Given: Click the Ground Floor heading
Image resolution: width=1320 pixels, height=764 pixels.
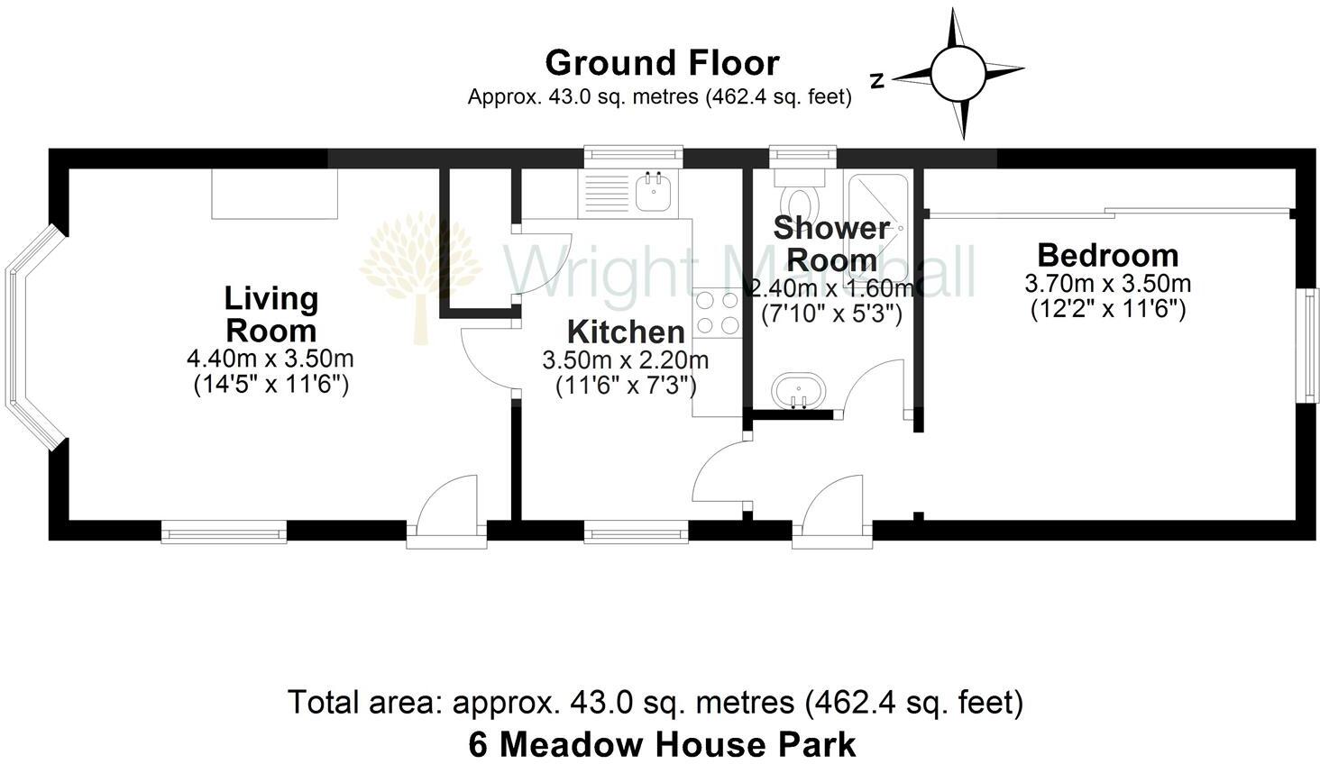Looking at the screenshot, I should click(x=661, y=63).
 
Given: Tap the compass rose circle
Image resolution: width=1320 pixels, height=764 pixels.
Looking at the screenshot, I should click(x=957, y=74).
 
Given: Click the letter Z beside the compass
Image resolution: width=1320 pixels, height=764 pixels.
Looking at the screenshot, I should click(x=876, y=81).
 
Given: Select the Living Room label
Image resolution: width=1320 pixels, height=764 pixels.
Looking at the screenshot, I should click(x=270, y=314).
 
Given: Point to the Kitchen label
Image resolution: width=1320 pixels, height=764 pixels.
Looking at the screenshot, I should click(x=625, y=332).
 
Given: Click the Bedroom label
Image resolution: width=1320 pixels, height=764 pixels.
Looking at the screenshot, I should click(x=1107, y=255).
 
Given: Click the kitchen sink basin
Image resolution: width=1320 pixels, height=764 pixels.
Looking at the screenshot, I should click(x=651, y=190).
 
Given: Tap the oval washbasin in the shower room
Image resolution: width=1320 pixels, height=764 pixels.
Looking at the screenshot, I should click(x=797, y=390).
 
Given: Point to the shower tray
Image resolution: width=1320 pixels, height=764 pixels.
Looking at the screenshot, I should click(x=875, y=216).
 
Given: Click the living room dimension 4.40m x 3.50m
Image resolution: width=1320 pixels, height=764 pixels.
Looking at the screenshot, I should click(x=270, y=359).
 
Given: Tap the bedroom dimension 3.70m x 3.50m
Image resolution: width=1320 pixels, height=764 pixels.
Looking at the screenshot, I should click(x=1107, y=284).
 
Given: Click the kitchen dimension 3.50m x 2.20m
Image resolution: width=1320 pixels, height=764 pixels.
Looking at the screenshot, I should click(x=625, y=361).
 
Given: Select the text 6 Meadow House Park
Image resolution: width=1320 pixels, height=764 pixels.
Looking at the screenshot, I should click(x=661, y=744).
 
